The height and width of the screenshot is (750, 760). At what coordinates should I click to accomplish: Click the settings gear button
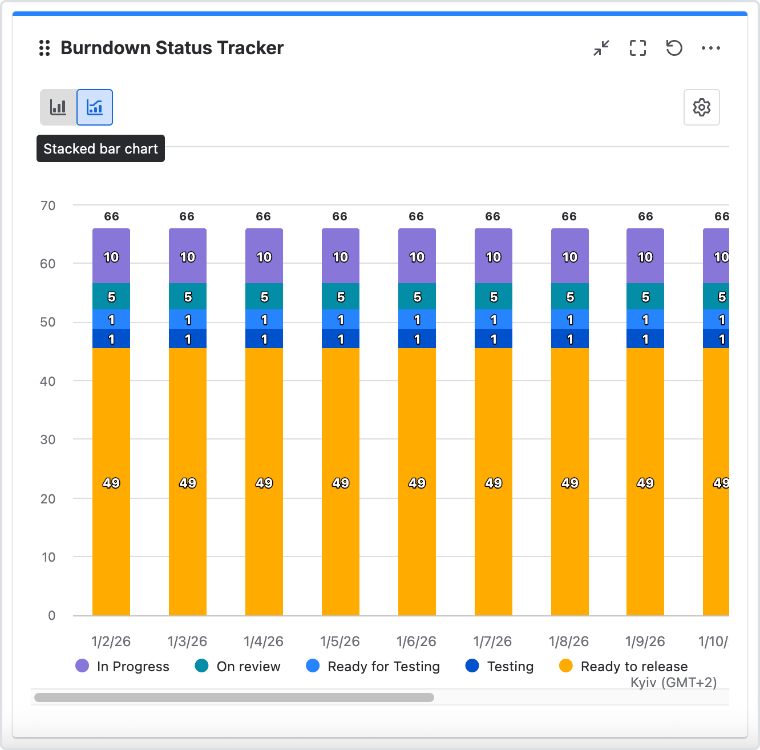[701, 107]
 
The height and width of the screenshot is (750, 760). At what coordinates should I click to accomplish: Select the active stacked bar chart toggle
[95, 107]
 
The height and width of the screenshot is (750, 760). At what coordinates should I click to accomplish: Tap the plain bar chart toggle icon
[58, 107]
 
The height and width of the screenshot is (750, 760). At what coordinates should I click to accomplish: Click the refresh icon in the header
[674, 48]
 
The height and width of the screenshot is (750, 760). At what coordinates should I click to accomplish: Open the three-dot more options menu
[710, 48]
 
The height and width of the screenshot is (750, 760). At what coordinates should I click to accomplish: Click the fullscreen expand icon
[638, 48]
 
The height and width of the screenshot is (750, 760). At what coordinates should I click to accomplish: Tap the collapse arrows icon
[601, 48]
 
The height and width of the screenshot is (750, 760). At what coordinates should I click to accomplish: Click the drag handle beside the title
[45, 48]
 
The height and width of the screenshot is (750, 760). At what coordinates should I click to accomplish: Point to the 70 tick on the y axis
[48, 205]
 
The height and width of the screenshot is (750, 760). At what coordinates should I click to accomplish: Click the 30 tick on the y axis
[48, 439]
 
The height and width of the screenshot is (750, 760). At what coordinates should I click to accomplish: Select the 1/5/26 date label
[340, 642]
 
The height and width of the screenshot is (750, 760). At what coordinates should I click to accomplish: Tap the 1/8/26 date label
[569, 642]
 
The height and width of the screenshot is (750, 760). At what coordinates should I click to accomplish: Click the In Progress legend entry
[123, 666]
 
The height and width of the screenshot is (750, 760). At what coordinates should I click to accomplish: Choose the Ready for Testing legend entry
[373, 666]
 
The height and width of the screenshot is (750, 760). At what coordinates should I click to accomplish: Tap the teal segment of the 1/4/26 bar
[264, 296]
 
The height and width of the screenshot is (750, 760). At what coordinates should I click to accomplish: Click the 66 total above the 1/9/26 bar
[645, 216]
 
